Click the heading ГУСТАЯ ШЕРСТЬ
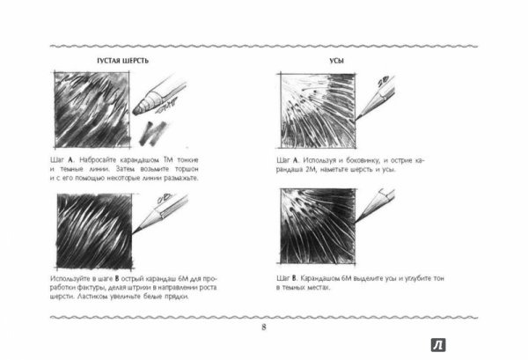point(122,61)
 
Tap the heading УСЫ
point(336,61)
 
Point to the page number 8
point(264,327)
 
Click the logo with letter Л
point(438,345)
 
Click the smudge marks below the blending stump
point(153,133)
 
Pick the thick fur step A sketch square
point(92,110)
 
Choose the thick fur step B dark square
point(94,231)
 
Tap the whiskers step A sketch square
point(318,110)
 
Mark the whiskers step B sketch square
point(318,226)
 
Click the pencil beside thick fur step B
point(160,213)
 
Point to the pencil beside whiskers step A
point(375,98)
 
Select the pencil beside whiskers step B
point(375,205)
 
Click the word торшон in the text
point(187,169)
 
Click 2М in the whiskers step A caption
point(312,169)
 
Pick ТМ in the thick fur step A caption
point(168,159)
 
